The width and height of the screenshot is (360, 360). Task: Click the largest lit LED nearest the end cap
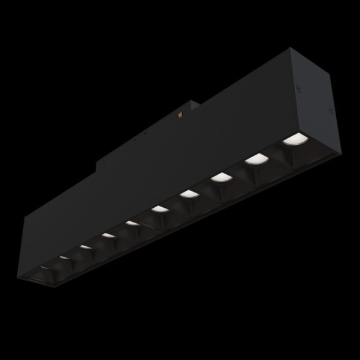(294, 139)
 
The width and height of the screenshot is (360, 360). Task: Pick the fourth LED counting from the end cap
(189, 195)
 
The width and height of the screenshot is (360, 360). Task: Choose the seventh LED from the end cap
(108, 236)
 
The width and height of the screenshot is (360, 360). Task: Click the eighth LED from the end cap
(85, 248)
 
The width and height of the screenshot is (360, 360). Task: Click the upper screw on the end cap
(300, 89)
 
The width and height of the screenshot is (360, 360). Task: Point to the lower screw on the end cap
(330, 111)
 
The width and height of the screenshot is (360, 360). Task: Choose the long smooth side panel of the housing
(153, 177)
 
